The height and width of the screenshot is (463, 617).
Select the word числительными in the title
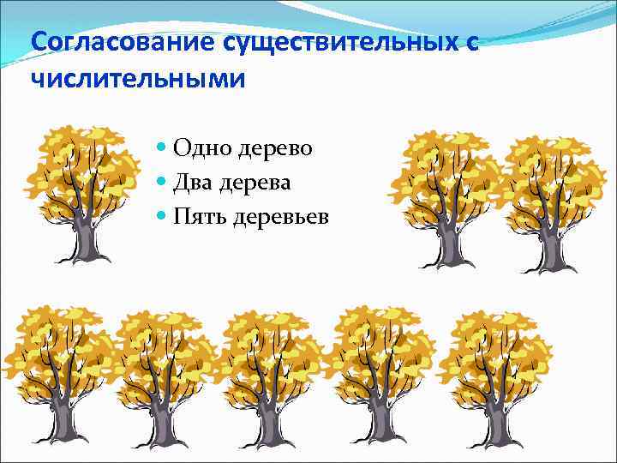(137, 78)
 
